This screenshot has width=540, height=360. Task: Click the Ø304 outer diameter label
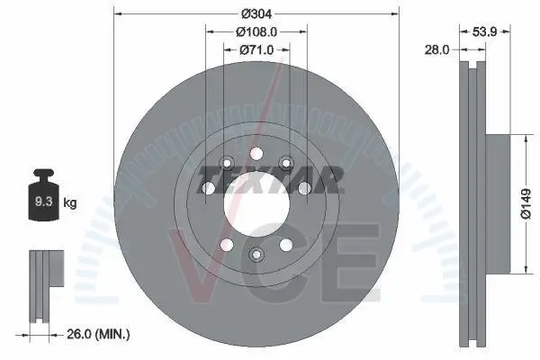[256, 14]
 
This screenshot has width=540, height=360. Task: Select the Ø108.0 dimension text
[256, 32]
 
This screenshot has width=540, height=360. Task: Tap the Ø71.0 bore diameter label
[256, 50]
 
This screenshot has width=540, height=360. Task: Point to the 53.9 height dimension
[484, 32]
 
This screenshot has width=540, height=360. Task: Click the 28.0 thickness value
[436, 50]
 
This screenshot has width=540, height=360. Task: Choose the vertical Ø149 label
[526, 204]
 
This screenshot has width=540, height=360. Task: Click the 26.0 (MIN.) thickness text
[98, 334]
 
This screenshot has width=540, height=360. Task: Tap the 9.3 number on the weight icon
[44, 202]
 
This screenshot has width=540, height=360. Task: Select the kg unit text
[70, 202]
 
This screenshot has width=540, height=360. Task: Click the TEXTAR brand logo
[270, 179]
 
